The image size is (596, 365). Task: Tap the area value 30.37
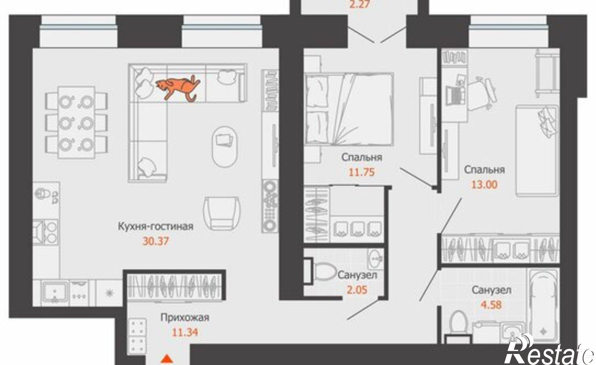click(156, 241)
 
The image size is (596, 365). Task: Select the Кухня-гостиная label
click(156, 226)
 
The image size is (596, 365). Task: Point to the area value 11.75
click(361, 172)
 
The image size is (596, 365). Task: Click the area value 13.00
click(484, 185)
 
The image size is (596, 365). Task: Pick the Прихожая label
click(185, 318)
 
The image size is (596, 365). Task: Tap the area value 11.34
click(185, 332)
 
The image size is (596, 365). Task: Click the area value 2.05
click(356, 290)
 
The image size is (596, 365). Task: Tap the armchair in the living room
click(222, 213)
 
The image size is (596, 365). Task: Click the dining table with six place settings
click(76, 122)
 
